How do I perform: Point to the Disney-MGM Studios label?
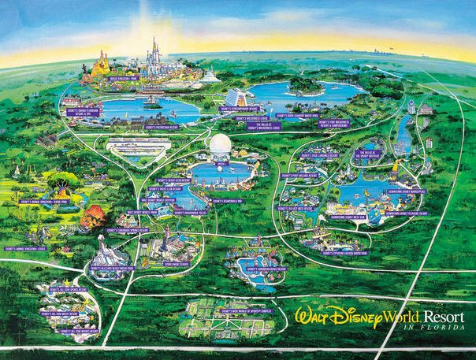pyautogui.click(x=179, y=264)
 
